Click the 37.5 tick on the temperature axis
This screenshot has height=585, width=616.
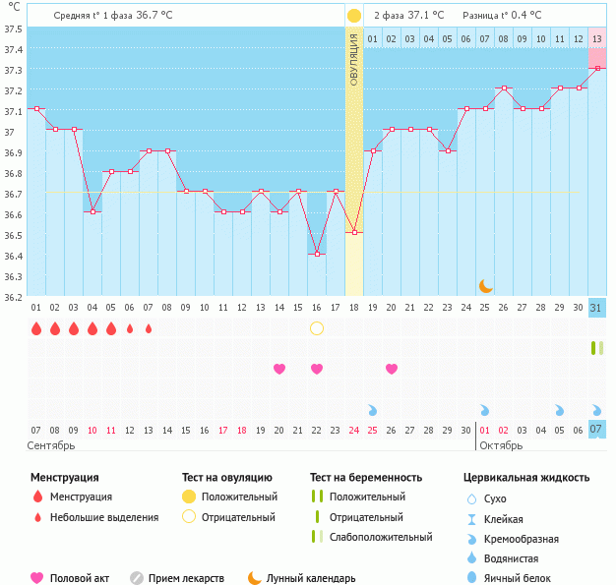13,29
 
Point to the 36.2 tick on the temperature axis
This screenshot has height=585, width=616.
13,297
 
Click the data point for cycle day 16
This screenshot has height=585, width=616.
317,254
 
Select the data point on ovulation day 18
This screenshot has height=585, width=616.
354,233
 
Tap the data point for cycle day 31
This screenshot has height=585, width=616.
597,68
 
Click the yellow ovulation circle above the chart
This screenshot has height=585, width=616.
354,16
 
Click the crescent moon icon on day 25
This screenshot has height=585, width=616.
485,286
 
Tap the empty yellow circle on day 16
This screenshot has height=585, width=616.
317,328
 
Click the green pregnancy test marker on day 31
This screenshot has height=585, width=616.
596,348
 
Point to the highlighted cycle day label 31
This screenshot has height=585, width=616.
597,308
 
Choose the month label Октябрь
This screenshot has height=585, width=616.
501,445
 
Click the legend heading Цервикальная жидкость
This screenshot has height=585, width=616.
526,478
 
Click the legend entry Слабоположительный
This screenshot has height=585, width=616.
381,537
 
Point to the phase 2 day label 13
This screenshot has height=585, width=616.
597,38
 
